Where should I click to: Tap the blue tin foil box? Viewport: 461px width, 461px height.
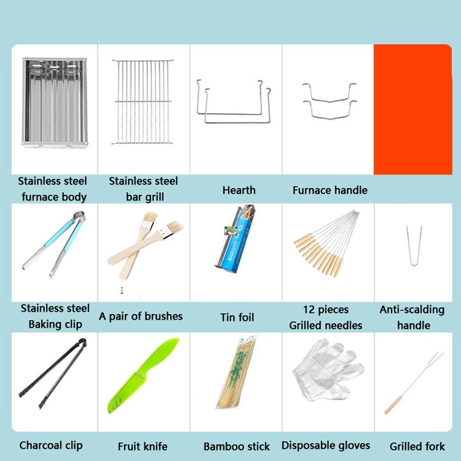tap(235, 239)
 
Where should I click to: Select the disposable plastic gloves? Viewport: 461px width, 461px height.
tap(328, 370)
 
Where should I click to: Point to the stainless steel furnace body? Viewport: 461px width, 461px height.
tap(55, 102)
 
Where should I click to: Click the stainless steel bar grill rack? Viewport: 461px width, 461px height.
tap(143, 102)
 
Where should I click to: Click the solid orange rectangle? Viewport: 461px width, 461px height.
tap(413, 109)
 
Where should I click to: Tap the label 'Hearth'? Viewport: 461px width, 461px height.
tap(239, 190)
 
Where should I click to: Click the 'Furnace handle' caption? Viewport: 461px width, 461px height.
tap(330, 190)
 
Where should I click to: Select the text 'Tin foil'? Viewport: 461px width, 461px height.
tap(237, 317)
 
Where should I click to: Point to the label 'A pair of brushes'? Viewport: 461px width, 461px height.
tap(141, 316)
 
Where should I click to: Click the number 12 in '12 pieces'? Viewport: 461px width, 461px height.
tap(309, 309)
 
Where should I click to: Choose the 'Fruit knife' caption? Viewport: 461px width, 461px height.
tap(143, 446)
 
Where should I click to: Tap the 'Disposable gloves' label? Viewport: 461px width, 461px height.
tap(326, 446)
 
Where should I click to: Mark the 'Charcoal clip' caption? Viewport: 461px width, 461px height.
tap(51, 445)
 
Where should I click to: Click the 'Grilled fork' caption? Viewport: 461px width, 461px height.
tap(417, 446)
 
